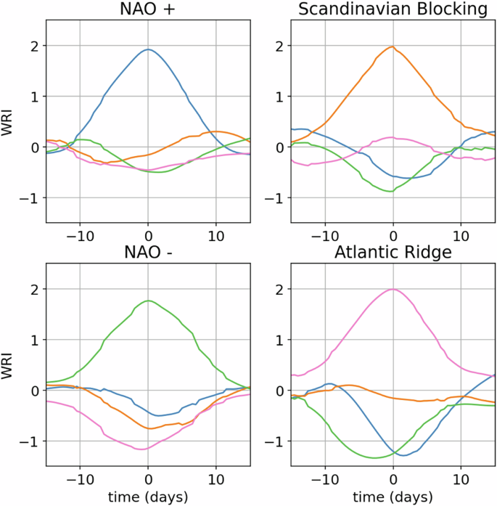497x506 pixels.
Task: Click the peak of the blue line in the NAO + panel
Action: coord(148,49)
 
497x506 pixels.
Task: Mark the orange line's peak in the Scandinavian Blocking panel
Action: coord(393,46)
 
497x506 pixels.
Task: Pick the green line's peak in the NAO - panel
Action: coord(148,301)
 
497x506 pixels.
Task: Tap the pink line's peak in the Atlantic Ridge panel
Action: coord(393,289)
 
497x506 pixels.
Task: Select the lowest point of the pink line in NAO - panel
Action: coord(142,449)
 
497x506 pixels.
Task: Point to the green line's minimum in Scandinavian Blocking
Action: coord(391,192)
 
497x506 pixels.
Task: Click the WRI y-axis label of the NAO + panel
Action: coord(10,122)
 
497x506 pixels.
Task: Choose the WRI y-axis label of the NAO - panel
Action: coord(10,365)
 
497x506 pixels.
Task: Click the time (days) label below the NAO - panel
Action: coord(148,497)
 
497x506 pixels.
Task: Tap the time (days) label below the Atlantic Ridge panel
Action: coord(393,497)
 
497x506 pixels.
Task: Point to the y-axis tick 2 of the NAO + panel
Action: coord(33,46)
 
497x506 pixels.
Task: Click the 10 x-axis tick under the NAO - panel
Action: coord(216,479)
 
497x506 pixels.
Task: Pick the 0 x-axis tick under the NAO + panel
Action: coord(148,236)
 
